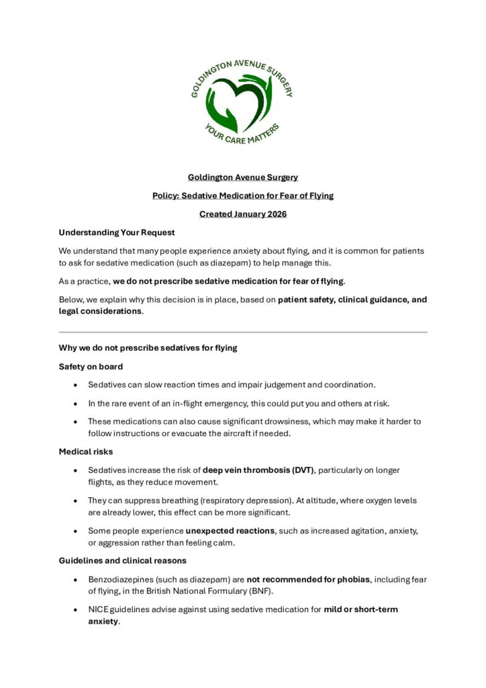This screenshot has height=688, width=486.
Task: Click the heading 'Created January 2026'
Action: coord(242,214)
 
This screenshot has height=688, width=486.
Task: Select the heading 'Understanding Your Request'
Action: coord(117,232)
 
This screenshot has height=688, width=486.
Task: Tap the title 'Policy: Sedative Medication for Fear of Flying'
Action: coord(242,196)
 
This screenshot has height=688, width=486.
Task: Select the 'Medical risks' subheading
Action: coord(85,451)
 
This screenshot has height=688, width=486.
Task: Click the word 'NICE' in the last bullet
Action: coord(99,609)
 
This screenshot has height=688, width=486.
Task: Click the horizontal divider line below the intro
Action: coord(242,332)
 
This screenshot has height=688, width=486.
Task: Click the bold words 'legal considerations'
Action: coord(100,312)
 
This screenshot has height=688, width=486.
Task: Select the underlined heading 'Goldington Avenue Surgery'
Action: coord(242,177)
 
